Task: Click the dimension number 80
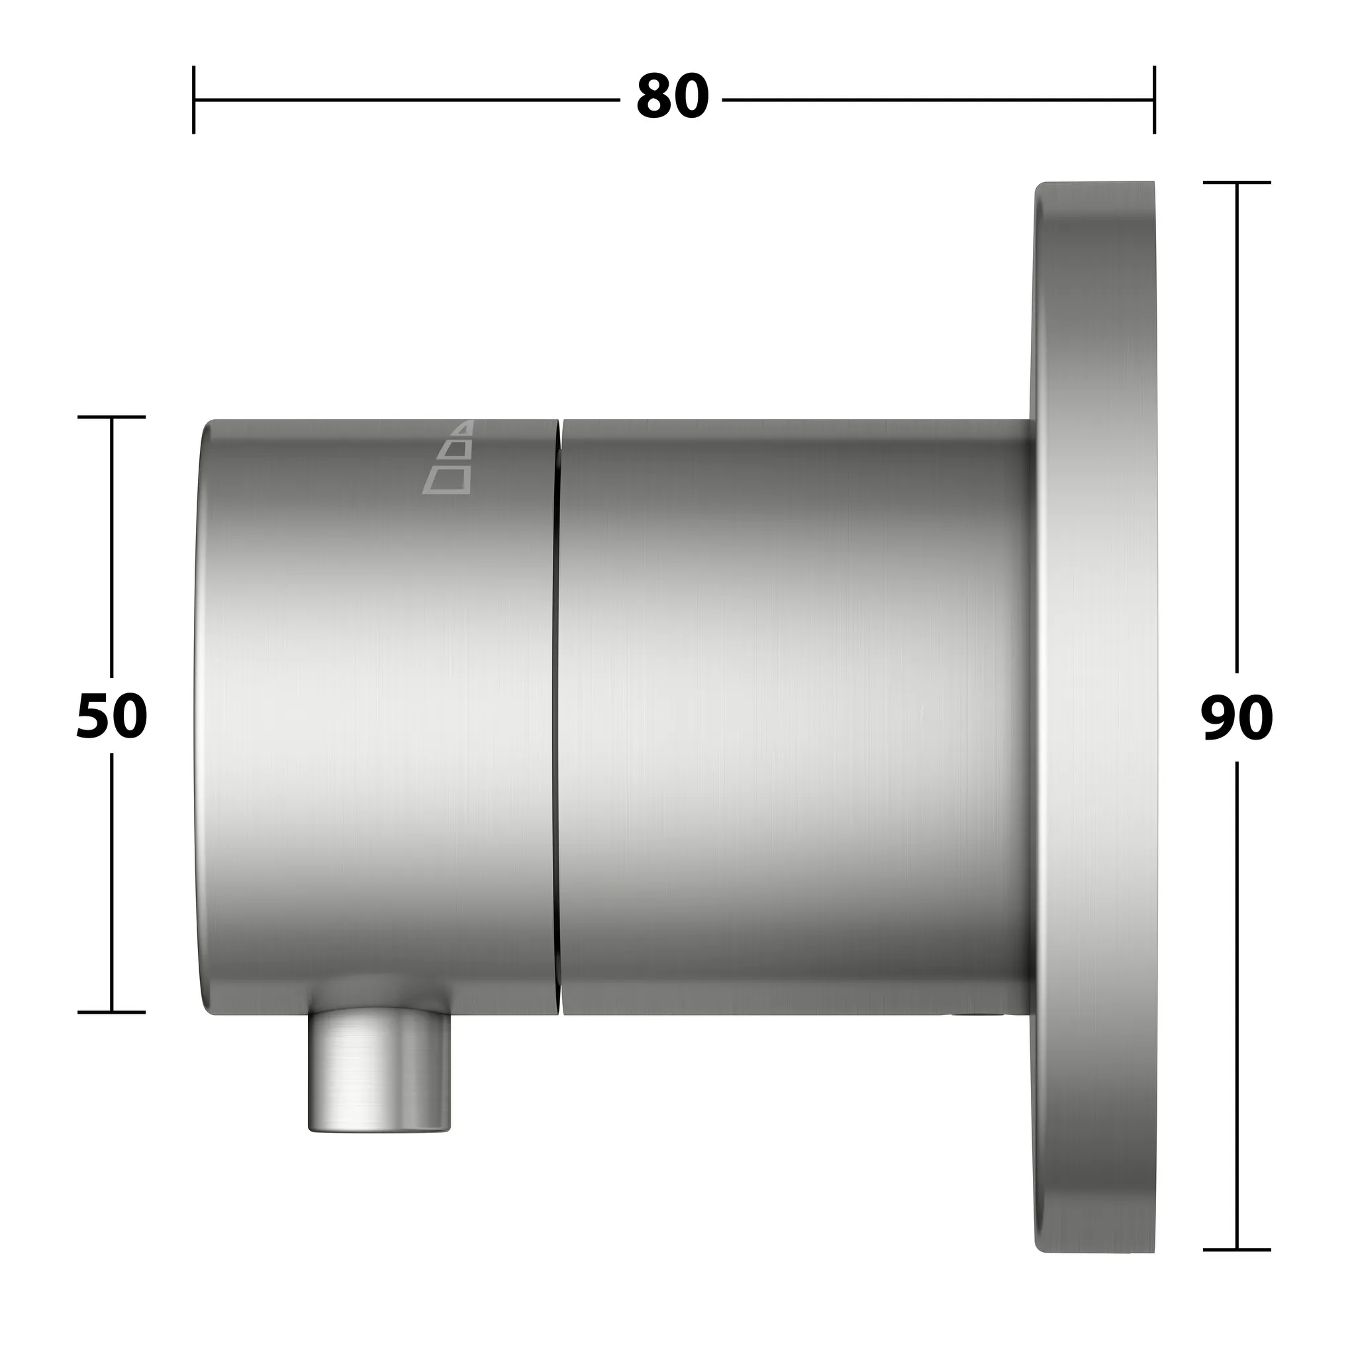[x=671, y=98]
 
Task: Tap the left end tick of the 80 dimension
[x=194, y=100]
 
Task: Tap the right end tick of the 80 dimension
[x=1154, y=100]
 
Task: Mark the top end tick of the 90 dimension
[x=1237, y=183]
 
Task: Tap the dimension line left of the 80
[x=407, y=100]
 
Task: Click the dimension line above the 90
[x=1237, y=421]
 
